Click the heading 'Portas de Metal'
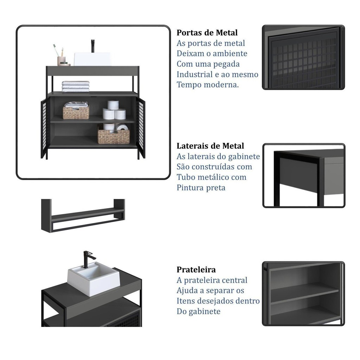207,33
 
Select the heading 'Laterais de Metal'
210,146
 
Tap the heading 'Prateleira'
196,269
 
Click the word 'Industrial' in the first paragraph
194,74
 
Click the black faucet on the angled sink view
89,259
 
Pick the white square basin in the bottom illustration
94,279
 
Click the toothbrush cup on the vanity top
61,60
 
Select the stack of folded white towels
76,86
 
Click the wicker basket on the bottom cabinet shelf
114,137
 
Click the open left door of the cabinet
45,128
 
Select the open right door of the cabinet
141,127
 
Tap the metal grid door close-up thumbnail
303,57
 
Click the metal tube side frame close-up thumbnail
304,175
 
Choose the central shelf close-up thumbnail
303,294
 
